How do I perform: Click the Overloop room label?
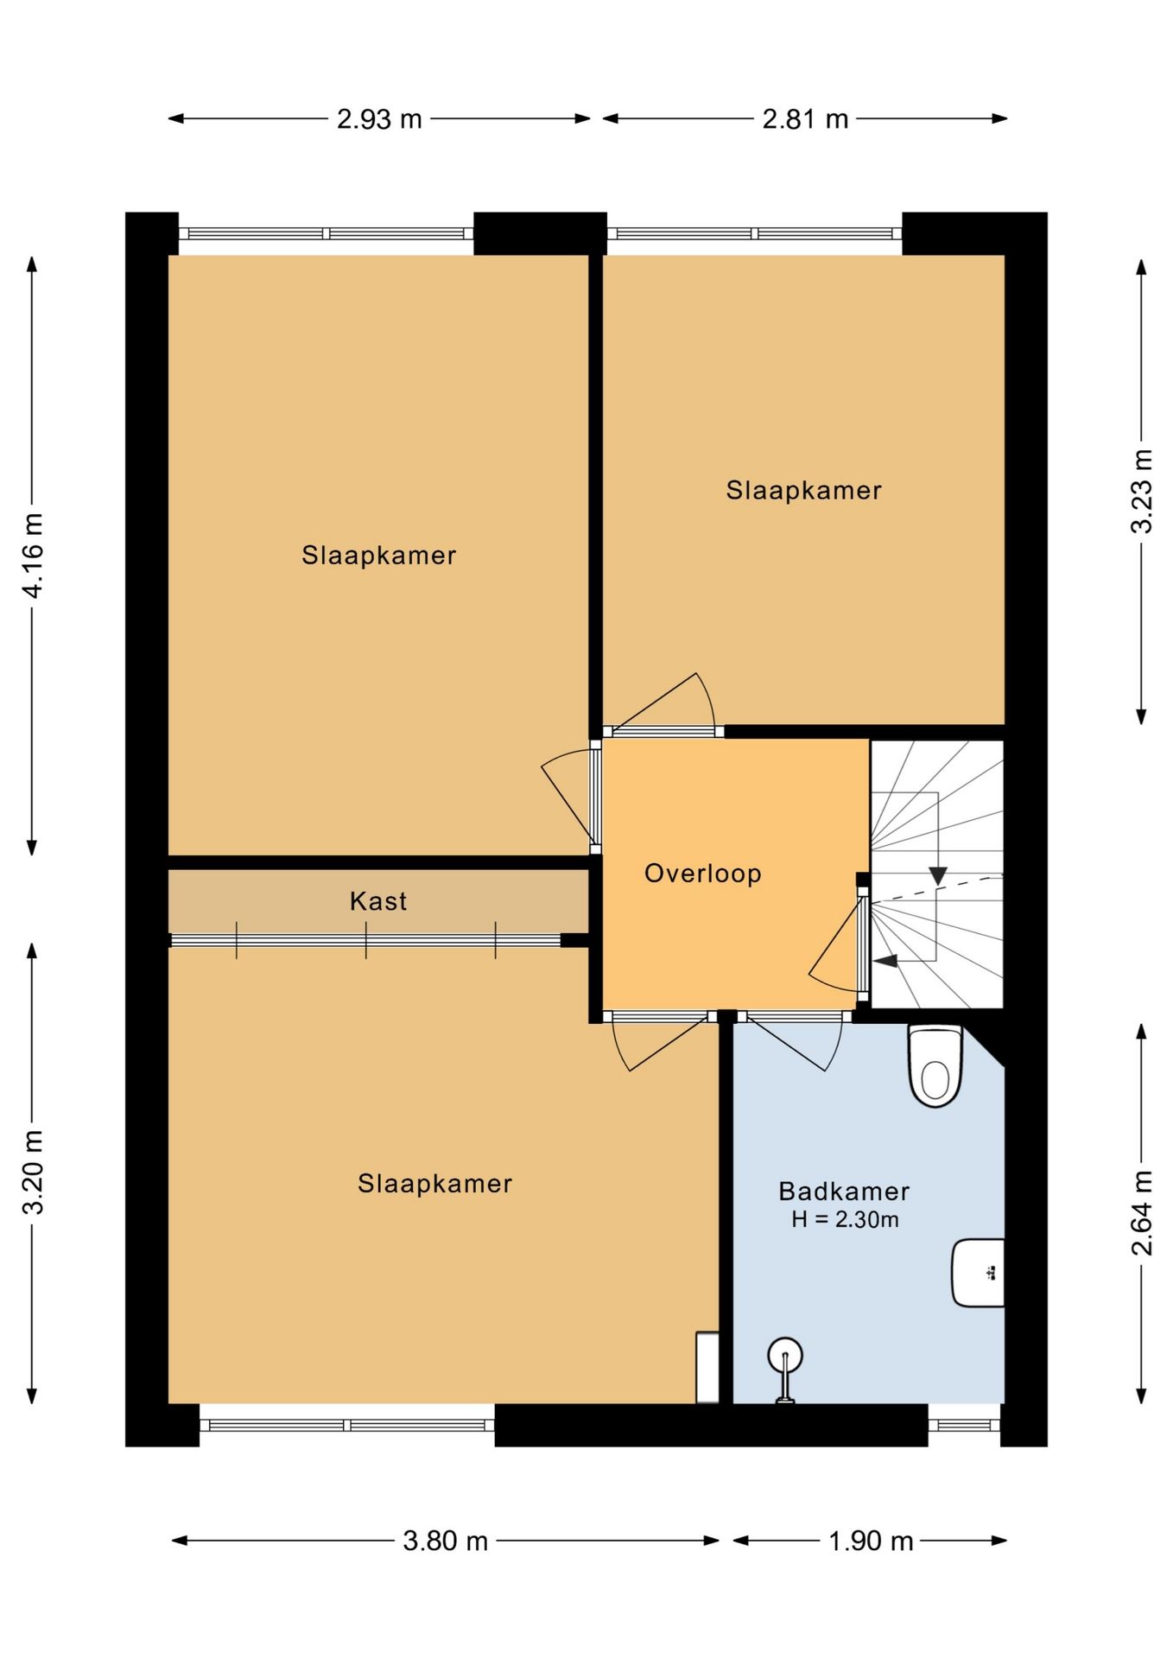(x=702, y=874)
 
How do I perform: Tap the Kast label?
(x=378, y=901)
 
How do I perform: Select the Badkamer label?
(x=844, y=1192)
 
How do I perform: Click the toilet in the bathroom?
(x=935, y=1065)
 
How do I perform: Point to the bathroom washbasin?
(x=978, y=1273)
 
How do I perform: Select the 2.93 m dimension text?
(x=379, y=119)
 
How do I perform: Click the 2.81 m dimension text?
(x=805, y=119)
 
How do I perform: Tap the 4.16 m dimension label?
(x=33, y=556)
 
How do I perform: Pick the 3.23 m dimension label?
(x=1142, y=491)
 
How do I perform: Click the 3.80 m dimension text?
(x=446, y=1541)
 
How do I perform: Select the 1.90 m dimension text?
(x=871, y=1541)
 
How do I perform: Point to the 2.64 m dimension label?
(x=1142, y=1213)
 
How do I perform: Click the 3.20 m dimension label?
(x=33, y=1172)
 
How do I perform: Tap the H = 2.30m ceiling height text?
(x=845, y=1220)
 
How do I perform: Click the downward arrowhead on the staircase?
(x=938, y=875)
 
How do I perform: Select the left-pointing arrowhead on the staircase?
(x=886, y=960)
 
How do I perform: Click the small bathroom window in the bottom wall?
(x=964, y=1426)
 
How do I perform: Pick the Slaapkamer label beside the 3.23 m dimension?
(x=803, y=491)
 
